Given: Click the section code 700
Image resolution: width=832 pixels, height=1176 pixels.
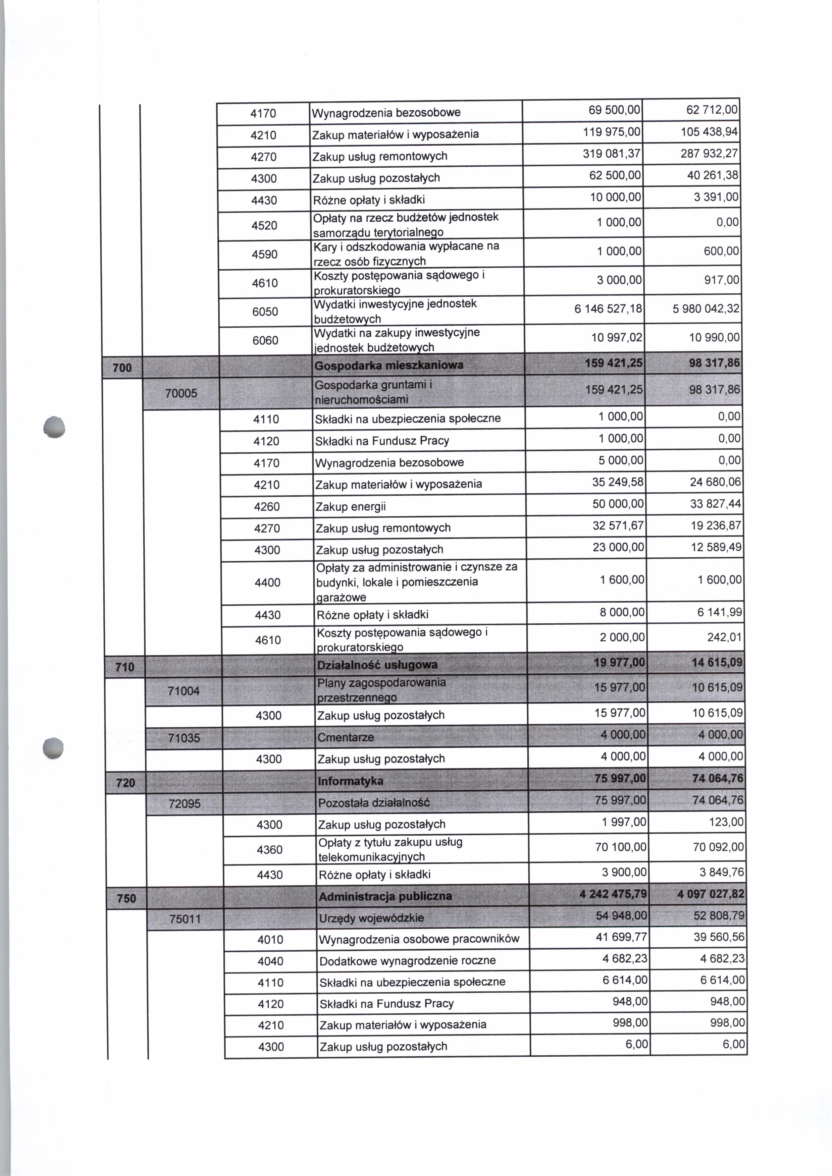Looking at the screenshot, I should tap(122, 367).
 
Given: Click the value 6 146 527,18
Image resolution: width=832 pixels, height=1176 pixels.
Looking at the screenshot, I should tap(608, 309).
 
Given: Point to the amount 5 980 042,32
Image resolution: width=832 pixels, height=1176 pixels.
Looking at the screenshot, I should tap(706, 309).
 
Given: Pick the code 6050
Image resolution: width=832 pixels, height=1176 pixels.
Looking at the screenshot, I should tap(265, 312).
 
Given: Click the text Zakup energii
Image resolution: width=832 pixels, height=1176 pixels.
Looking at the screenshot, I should tap(351, 507).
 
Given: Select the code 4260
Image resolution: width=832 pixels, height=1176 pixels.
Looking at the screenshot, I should tap(267, 507).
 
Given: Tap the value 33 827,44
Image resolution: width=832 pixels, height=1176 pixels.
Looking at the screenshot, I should tap(715, 504).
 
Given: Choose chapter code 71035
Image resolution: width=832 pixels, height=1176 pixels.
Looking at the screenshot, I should tap(184, 738).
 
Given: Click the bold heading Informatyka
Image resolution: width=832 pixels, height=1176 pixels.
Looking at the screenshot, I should tap(351, 781).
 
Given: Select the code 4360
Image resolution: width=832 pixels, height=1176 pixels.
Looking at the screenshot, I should tap(269, 850).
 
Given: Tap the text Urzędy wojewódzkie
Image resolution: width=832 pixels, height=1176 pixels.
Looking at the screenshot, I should tap(371, 918).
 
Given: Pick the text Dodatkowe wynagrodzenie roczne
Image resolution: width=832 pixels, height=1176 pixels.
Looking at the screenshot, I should tap(407, 960).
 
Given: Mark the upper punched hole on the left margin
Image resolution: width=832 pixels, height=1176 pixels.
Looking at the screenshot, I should tap(54, 427).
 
